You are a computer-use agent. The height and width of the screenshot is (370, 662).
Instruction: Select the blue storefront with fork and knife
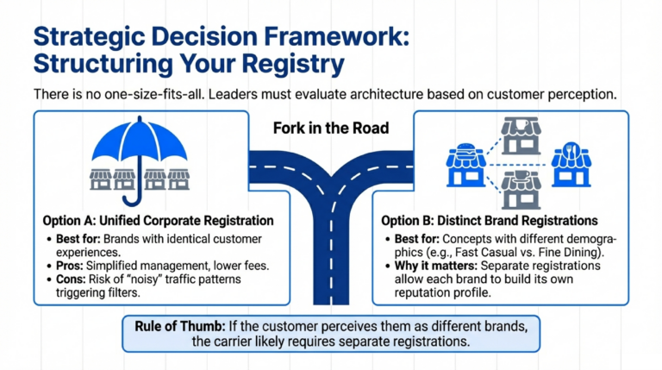[571, 160]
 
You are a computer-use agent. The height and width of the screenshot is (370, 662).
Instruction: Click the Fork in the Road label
[331, 128]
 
